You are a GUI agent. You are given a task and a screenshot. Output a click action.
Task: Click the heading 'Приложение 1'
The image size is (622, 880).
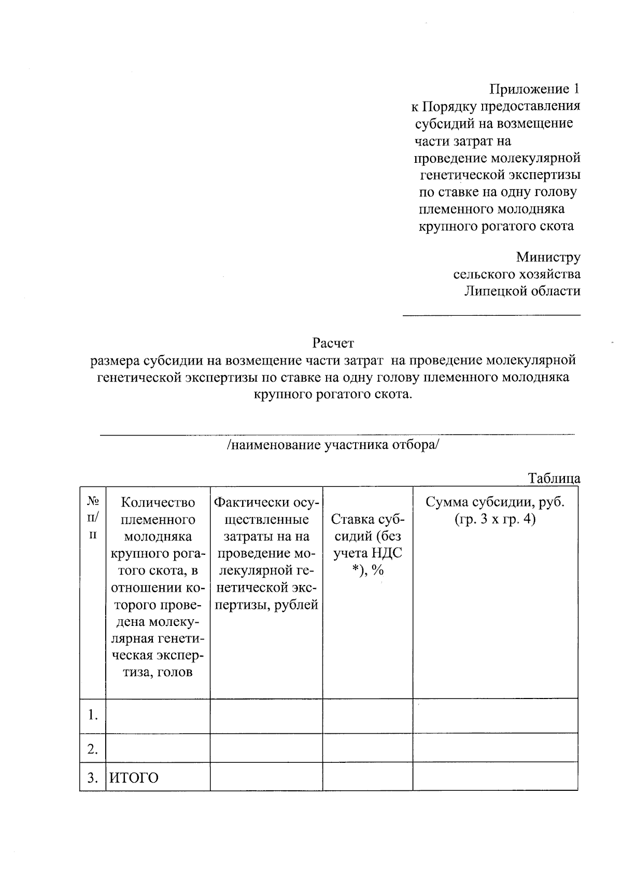click(534, 89)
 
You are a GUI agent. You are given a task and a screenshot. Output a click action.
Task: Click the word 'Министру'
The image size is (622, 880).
click(548, 257)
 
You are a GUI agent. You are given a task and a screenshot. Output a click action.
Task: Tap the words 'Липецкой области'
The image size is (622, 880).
click(522, 291)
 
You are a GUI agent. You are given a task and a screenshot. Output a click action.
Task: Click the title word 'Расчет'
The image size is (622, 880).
click(333, 343)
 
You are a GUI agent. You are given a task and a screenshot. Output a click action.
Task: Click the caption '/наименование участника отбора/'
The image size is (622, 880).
click(333, 445)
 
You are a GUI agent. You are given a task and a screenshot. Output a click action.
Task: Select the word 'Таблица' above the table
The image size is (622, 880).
click(554, 478)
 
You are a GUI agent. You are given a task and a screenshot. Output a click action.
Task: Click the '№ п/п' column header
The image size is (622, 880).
click(93, 518)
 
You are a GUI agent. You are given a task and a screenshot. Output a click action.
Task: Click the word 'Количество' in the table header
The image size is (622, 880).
click(158, 502)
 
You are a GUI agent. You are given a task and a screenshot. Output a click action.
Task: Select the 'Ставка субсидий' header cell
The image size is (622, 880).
click(367, 544)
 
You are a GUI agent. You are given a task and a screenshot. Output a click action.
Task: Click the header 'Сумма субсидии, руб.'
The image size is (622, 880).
click(494, 502)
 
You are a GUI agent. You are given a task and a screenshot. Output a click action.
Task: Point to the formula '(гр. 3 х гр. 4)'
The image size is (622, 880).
click(494, 519)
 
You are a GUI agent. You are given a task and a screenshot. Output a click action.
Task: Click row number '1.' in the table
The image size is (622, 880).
click(93, 715)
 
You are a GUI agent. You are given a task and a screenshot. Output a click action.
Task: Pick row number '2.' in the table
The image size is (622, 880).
click(93, 749)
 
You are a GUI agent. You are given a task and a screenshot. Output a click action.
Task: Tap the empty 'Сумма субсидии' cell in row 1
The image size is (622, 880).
click(495, 715)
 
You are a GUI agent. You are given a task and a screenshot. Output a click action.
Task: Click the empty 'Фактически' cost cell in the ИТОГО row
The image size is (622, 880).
click(266, 776)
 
